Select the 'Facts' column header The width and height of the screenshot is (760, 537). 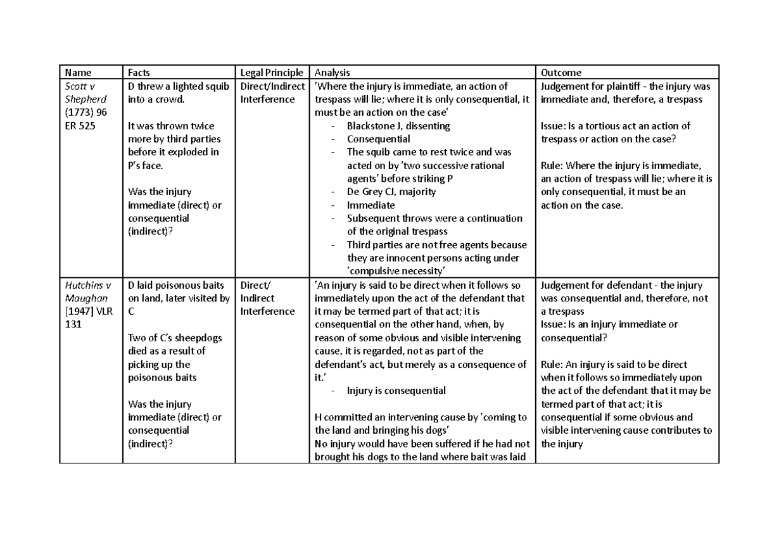pyautogui.click(x=139, y=73)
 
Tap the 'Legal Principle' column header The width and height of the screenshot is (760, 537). pyautogui.click(x=272, y=73)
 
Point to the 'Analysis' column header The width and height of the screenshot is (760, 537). pyautogui.click(x=332, y=73)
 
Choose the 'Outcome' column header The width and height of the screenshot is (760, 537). pyautogui.click(x=561, y=73)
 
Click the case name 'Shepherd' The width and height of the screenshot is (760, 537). pyautogui.click(x=85, y=99)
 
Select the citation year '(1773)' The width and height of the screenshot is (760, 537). pyautogui.click(x=80, y=113)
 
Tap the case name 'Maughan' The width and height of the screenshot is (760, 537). pyautogui.click(x=85, y=298)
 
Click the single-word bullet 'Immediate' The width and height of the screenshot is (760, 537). pyautogui.click(x=370, y=205)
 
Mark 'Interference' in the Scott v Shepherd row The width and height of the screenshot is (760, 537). pyautogui.click(x=268, y=99)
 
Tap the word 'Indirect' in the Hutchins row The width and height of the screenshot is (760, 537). pyautogui.click(x=258, y=298)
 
